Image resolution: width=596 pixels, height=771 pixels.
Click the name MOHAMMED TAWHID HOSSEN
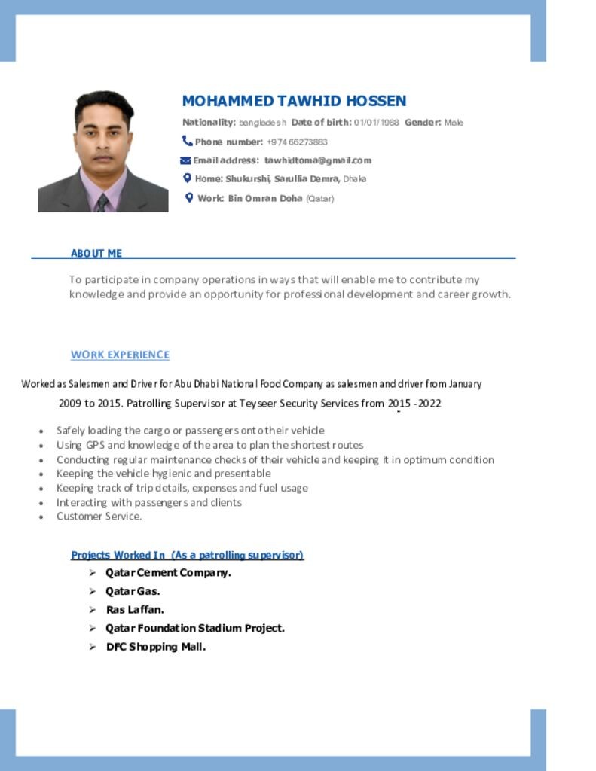pyautogui.click(x=294, y=101)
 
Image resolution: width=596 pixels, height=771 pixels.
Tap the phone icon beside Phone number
pyautogui.click(x=187, y=141)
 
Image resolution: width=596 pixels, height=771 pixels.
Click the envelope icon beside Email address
pyautogui.click(x=185, y=160)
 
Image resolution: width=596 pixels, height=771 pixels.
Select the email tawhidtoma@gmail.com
pyautogui.click(x=318, y=160)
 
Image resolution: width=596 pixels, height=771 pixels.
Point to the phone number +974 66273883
pyautogui.click(x=297, y=142)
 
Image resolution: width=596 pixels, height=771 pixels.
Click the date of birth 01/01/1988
pyautogui.click(x=376, y=123)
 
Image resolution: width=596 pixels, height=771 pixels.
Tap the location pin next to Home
pyautogui.click(x=188, y=178)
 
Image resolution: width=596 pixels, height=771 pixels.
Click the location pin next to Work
pyautogui.click(x=189, y=197)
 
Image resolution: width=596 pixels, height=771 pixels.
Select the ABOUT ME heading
pyautogui.click(x=96, y=254)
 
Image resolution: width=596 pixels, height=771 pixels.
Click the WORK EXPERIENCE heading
pyautogui.click(x=120, y=355)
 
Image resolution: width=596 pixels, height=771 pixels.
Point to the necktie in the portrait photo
pyautogui.click(x=102, y=202)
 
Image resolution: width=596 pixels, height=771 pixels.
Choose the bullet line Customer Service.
pyautogui.click(x=99, y=517)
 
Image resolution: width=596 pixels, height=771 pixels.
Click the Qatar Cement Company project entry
pyautogui.click(x=168, y=573)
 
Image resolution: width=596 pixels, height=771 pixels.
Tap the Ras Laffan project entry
pyautogui.click(x=135, y=610)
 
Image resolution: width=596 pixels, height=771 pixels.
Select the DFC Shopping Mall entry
pyautogui.click(x=156, y=647)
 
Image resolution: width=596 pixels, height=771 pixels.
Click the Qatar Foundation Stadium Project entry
pyautogui.click(x=195, y=628)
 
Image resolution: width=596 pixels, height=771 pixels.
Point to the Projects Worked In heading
pyautogui.click(x=187, y=555)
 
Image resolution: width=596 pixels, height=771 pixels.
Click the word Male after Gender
pyautogui.click(x=454, y=123)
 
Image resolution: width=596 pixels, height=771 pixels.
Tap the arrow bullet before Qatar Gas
pyautogui.click(x=92, y=592)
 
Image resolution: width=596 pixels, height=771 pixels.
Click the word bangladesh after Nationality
pyautogui.click(x=263, y=123)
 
